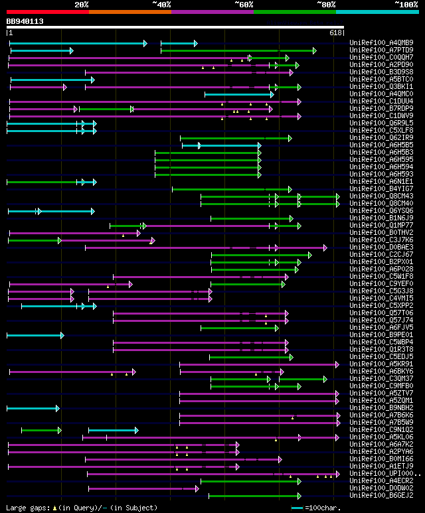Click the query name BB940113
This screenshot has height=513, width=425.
(25, 21)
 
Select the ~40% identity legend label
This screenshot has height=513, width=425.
(161, 4)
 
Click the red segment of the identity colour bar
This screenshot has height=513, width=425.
(47, 11)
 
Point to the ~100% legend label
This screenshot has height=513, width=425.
(406, 4)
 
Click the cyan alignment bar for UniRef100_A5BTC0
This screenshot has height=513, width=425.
(51, 80)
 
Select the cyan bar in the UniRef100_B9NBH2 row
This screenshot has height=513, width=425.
(33, 408)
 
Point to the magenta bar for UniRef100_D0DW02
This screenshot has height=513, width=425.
(143, 488)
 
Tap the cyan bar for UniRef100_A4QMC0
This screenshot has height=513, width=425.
(238, 94)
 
